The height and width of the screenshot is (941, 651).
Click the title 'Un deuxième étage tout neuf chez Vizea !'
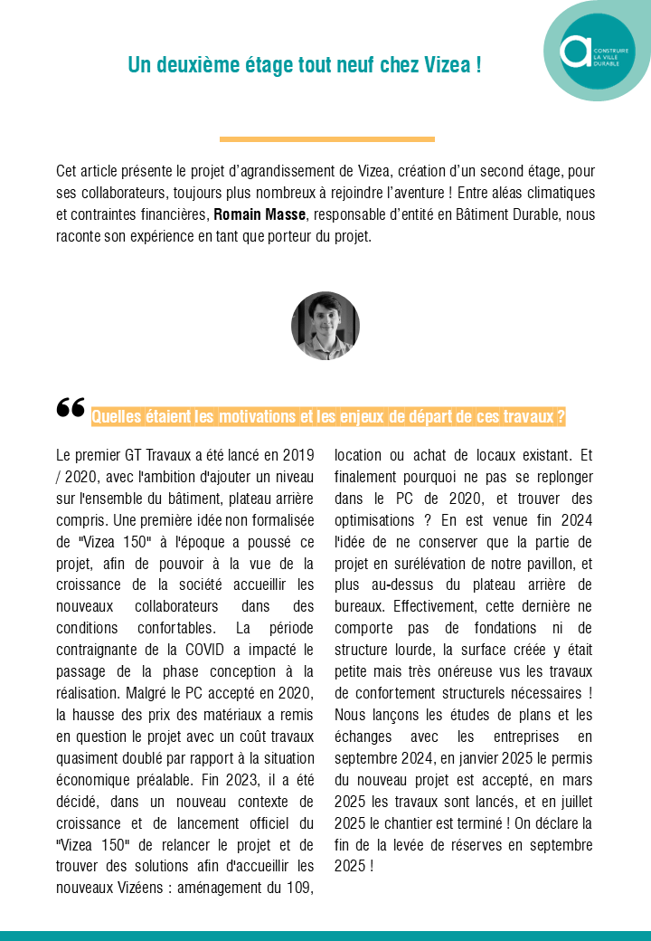pos(304,65)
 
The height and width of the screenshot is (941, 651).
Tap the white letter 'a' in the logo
pos(575,52)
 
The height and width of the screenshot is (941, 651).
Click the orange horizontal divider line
pos(326,139)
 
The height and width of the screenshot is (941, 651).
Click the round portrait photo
pos(325,326)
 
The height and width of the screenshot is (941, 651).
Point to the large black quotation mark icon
pos(70,410)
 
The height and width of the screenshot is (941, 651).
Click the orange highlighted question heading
pos(328,417)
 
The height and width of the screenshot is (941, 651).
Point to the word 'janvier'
pos(461,757)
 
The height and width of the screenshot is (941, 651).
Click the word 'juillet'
pos(571,801)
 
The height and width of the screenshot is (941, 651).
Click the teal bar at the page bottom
pos(325,936)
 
